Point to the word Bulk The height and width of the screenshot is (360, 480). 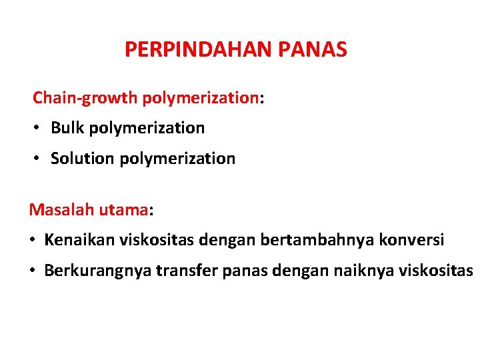tap(67, 127)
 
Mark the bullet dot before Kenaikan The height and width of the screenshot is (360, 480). tap(33, 240)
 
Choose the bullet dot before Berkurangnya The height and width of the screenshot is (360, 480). tap(33, 271)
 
